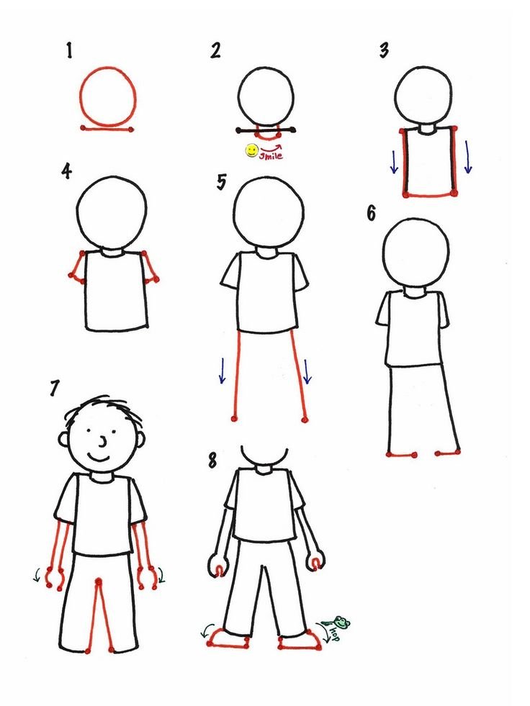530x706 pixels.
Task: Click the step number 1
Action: [x=69, y=50]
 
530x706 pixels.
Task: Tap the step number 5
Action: [x=221, y=182]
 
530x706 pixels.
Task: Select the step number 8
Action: [x=212, y=460]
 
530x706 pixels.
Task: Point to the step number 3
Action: [x=384, y=50]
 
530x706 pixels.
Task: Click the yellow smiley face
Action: [x=251, y=150]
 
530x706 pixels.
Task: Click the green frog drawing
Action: [x=341, y=622]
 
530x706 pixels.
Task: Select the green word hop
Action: [x=334, y=633]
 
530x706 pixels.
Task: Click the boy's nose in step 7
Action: [x=104, y=442]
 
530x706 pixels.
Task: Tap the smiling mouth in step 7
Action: [x=99, y=458]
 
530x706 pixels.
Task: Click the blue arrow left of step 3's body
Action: [x=395, y=162]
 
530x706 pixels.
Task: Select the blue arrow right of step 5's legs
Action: [x=307, y=371]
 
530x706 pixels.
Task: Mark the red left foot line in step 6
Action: [x=401, y=455]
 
